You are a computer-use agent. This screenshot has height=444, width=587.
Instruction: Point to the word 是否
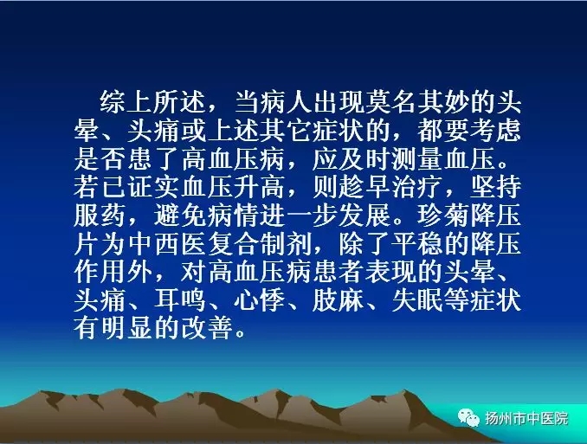click(x=100, y=158)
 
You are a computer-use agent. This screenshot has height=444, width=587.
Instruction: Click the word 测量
click(x=416, y=158)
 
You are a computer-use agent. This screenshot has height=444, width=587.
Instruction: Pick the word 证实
click(x=152, y=187)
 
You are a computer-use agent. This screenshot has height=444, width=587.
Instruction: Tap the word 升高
click(x=258, y=187)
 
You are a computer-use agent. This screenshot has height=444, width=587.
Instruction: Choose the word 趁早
click(x=364, y=187)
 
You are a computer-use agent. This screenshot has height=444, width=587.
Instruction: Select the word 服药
click(x=100, y=216)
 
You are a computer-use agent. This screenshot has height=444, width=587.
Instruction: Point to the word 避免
click(x=178, y=216)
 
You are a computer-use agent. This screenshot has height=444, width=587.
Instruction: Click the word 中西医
click(x=166, y=244)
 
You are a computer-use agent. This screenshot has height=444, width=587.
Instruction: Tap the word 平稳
click(x=416, y=244)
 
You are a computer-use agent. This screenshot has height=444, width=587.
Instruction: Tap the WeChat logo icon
click(x=468, y=417)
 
